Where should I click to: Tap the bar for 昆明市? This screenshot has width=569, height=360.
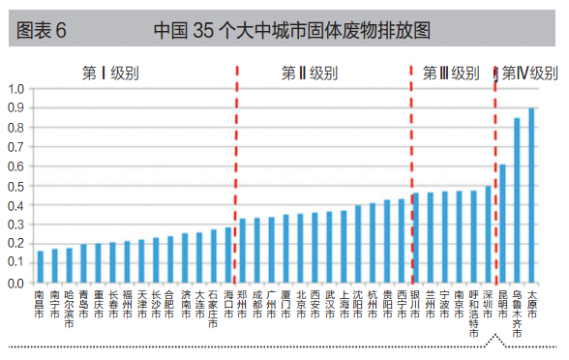click(x=502, y=224)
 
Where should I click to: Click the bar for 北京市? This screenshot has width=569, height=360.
click(x=300, y=249)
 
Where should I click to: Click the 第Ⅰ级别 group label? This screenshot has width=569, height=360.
click(x=109, y=73)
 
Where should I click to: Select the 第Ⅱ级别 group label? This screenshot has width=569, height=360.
click(x=310, y=73)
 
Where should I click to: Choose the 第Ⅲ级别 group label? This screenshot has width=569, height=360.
click(x=451, y=73)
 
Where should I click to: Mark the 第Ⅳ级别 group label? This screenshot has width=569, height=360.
click(x=529, y=73)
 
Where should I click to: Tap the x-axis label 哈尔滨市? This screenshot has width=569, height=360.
click(x=69, y=310)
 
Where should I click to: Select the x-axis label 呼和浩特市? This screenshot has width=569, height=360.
click(x=473, y=314)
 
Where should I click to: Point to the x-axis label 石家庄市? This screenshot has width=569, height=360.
click(x=214, y=310)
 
